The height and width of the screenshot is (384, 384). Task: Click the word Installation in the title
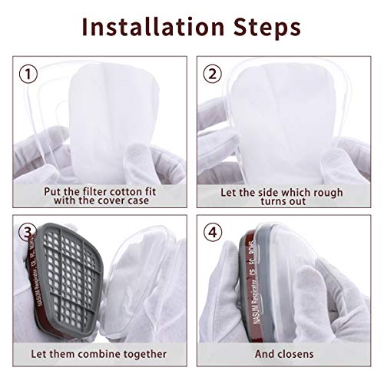point(154,28)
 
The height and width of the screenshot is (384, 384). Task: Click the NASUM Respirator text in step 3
point(23,300)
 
